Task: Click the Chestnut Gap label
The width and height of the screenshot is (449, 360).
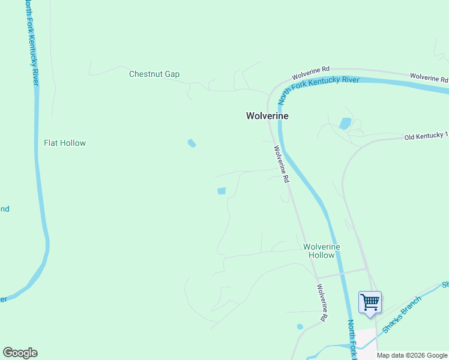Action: (154, 74)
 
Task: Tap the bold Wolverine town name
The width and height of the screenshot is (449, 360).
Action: (267, 116)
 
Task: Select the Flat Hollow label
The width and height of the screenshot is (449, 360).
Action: (65, 143)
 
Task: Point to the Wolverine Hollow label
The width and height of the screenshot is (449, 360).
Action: (321, 251)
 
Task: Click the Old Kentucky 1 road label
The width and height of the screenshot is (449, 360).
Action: (426, 136)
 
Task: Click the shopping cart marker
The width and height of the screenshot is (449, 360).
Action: (370, 302)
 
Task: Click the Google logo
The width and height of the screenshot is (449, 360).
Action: (20, 353)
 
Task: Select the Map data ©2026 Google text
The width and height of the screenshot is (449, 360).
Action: (412, 355)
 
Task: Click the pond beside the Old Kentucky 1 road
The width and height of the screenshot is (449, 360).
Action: (345, 124)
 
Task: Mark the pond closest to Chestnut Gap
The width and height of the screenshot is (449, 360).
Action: (191, 143)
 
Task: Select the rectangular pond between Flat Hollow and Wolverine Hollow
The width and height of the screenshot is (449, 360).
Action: (221, 191)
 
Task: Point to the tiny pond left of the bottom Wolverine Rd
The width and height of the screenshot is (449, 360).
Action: (300, 327)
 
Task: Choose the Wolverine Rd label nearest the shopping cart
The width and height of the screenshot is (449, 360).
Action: (323, 301)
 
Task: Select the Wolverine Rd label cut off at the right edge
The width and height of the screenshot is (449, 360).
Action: (429, 77)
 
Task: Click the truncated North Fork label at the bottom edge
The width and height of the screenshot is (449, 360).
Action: (352, 340)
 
